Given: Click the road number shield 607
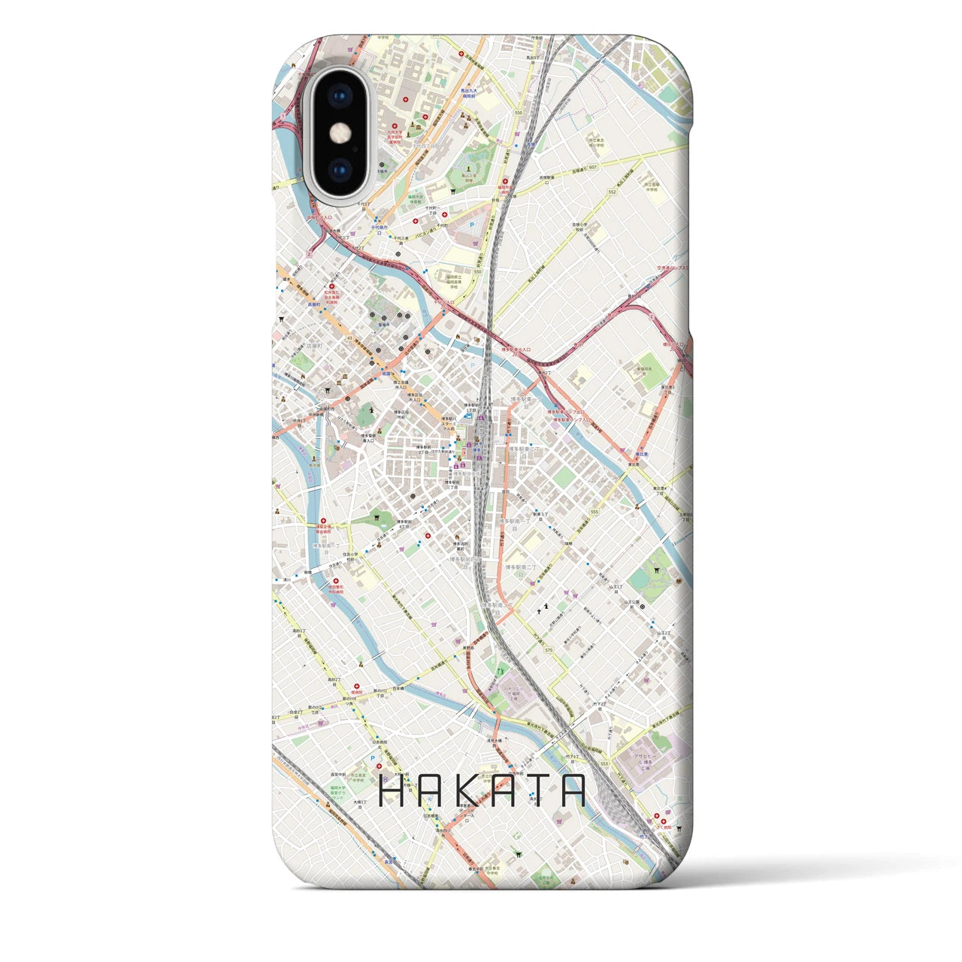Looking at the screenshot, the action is (x=594, y=168).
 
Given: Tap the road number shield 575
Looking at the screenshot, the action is (x=549, y=650).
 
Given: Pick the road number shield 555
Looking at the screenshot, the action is (x=594, y=512).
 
